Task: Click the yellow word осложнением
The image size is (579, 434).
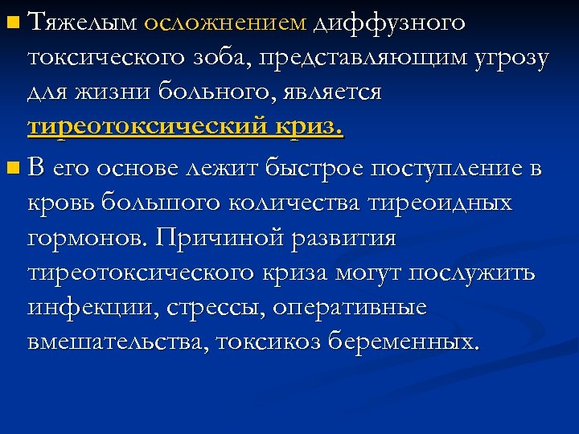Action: tap(225, 23)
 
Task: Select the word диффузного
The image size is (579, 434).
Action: tap(390, 23)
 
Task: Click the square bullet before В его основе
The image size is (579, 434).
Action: tap(10, 170)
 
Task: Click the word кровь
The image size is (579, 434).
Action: tap(59, 203)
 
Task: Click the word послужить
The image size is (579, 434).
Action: tap(485, 273)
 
